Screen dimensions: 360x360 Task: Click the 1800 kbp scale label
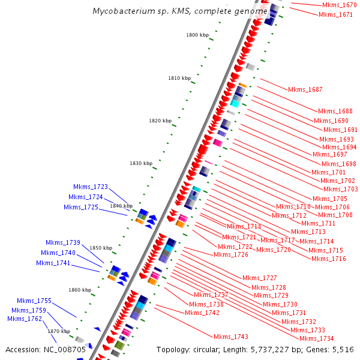click(197, 35)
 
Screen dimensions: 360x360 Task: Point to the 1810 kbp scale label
click(179, 78)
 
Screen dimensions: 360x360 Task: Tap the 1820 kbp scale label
click(160, 121)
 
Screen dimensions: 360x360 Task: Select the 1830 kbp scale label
click(141, 163)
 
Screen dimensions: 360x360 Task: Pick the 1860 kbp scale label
click(79, 290)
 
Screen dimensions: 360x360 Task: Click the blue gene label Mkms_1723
click(91, 187)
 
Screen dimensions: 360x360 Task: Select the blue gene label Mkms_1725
click(81, 207)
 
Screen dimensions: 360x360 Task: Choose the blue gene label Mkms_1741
click(53, 263)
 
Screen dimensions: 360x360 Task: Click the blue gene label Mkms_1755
click(34, 301)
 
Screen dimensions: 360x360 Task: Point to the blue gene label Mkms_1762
click(25, 319)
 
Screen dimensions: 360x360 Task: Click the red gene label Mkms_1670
click(339, 5)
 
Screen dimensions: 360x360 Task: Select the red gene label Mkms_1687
click(305, 89)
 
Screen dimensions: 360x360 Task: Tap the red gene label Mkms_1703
click(341, 189)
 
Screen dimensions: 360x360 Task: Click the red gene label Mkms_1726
click(231, 254)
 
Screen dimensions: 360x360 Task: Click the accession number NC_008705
click(65, 349)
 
